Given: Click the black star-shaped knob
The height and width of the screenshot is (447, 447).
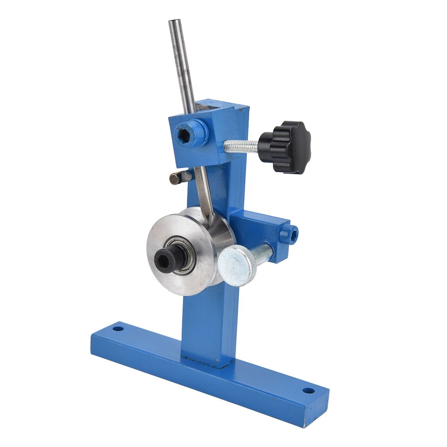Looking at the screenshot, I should (x=286, y=147).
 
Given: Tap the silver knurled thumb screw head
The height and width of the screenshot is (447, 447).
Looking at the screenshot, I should (x=236, y=265).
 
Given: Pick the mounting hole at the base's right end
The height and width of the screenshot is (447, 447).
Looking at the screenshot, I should (x=309, y=390).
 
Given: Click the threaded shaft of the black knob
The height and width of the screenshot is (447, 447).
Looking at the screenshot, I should (x=241, y=146).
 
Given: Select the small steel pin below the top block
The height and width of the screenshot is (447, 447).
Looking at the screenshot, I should (x=179, y=177).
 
